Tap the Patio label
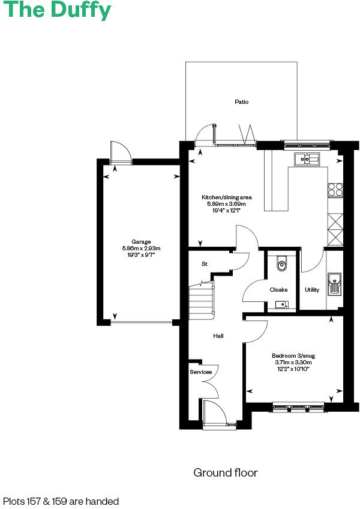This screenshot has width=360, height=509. [x=241, y=102]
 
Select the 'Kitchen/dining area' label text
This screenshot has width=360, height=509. [x=226, y=197]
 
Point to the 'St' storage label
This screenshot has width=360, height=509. [x=204, y=264]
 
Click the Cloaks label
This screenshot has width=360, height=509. [x=278, y=289]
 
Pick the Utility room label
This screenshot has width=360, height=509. [x=312, y=289]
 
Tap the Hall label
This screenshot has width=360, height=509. [x=218, y=336]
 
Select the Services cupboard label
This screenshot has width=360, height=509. [x=200, y=372]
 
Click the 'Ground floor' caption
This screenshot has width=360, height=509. [x=225, y=473]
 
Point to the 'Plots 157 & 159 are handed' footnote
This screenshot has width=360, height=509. [x=61, y=501]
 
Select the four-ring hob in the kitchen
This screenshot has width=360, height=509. [x=335, y=190]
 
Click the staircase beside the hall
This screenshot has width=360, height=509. [x=201, y=298]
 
